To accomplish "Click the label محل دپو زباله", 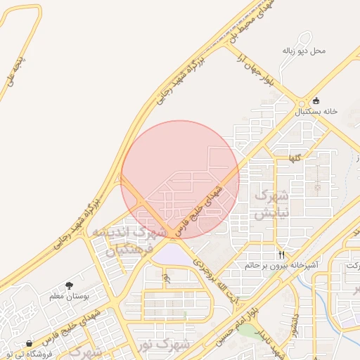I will pyautogui.click(x=309, y=51).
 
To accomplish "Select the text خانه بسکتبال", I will pyautogui.click(x=316, y=112).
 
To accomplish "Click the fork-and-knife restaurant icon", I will pyautogui.click(x=281, y=255).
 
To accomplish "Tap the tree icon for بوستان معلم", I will pyautogui.click(x=70, y=285).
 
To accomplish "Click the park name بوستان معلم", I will pyautogui.click(x=70, y=296).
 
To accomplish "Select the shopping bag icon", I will pyautogui.click(x=29, y=344).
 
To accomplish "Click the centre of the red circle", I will pyautogui.click(x=180, y=180).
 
